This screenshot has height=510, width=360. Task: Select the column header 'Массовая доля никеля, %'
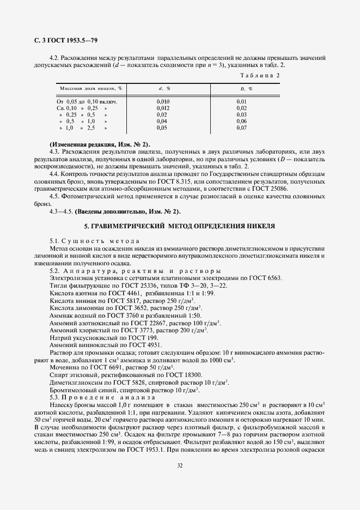point(90,88)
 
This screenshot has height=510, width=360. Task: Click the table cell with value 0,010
point(163,101)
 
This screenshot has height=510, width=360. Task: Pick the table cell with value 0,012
point(163,108)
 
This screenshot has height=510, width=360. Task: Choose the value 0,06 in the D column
point(242,121)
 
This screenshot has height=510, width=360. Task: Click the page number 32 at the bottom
point(180,465)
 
